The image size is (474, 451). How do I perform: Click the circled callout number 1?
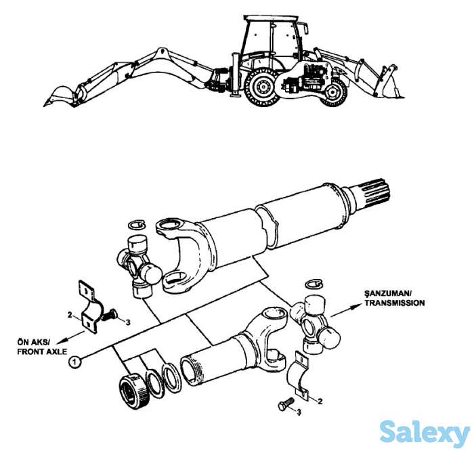(75, 361)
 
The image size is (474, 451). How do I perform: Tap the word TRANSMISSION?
(395, 303)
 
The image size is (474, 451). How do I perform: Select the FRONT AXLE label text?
(42, 351)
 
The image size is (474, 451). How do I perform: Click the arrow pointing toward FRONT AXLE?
(70, 337)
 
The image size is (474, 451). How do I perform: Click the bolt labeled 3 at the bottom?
(286, 403)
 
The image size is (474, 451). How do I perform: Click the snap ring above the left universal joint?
(137, 224)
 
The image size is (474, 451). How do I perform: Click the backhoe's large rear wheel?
(262, 87)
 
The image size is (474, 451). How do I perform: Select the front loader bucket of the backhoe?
(390, 82)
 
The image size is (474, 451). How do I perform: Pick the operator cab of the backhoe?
(272, 42)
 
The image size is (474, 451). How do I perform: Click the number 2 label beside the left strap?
(70, 315)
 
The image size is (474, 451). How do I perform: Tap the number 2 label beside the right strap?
(320, 401)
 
